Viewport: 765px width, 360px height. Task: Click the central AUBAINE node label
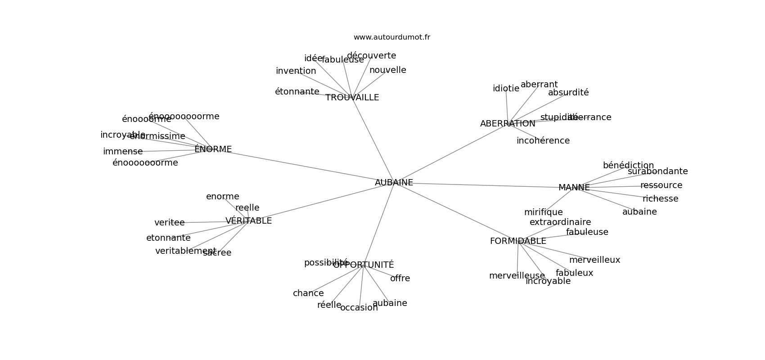(x=394, y=182)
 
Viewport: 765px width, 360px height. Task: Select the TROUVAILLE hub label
(x=352, y=98)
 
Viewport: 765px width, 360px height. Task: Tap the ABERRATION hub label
(x=508, y=124)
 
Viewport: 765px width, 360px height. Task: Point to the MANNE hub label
(x=574, y=188)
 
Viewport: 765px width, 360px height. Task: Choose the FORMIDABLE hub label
(x=518, y=241)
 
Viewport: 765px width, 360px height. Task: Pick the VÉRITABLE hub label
(x=248, y=221)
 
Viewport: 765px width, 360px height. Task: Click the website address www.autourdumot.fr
(x=391, y=37)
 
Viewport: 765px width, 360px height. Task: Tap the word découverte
(x=371, y=56)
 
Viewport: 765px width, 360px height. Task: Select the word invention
(x=296, y=71)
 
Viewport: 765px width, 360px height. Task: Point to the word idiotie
(x=506, y=89)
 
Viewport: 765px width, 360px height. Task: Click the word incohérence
(x=543, y=141)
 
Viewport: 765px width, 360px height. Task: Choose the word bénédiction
(x=628, y=166)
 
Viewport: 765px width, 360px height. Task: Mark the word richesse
(x=660, y=199)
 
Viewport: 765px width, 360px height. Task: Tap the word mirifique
(x=543, y=212)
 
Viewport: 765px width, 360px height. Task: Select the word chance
(x=308, y=293)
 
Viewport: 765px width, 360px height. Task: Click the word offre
(x=400, y=279)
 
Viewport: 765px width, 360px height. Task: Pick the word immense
(x=122, y=152)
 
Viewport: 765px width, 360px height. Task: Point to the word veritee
(x=169, y=223)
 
